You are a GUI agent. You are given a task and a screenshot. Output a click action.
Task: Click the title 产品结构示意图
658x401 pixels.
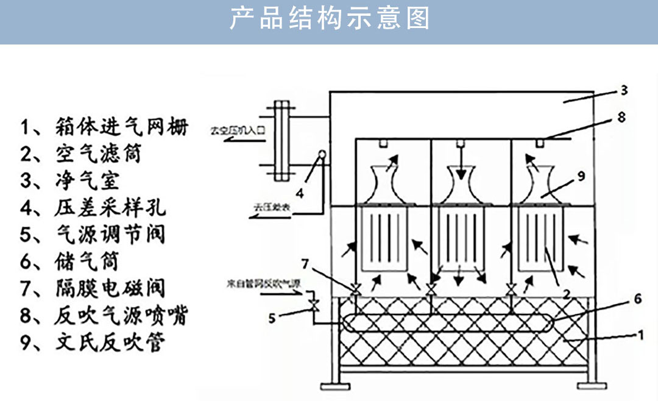(x=329, y=19)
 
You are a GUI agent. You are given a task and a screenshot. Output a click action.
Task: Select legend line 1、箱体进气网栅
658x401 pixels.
(x=104, y=127)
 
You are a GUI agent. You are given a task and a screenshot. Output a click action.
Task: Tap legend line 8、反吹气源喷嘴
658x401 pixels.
(x=104, y=315)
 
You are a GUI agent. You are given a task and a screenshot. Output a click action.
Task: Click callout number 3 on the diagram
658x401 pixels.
(x=623, y=91)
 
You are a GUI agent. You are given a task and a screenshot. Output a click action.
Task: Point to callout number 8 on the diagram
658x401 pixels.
(x=621, y=118)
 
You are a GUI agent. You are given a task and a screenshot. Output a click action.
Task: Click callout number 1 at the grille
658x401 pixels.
(x=640, y=335)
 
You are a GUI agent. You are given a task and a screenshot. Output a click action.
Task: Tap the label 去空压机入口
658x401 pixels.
(x=239, y=130)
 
